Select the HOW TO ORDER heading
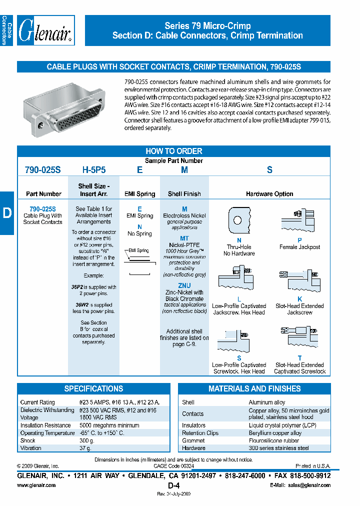(x=173, y=151)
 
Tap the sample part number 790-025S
(x=42, y=170)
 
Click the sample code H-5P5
(x=94, y=170)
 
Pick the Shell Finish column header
(x=184, y=194)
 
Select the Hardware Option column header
(x=269, y=194)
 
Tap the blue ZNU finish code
(x=184, y=285)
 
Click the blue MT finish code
(x=184, y=239)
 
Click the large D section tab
(x=7, y=213)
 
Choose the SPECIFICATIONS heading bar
(x=93, y=388)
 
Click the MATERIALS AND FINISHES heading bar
(x=254, y=388)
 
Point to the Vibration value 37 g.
(x=86, y=448)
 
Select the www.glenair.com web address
(x=36, y=485)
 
